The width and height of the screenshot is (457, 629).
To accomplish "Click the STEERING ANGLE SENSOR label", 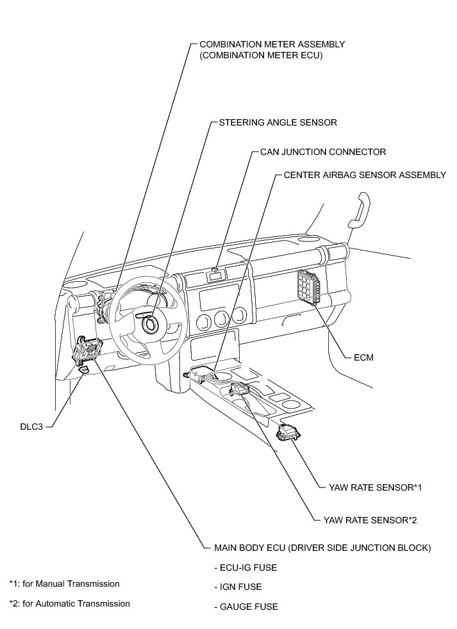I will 278,122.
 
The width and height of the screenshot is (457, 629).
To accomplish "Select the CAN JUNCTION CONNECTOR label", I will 323,152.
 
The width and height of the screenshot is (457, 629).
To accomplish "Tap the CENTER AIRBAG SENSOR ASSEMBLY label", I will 364,174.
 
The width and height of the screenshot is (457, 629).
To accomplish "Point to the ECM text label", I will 363,357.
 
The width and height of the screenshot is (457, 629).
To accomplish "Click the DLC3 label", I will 30,426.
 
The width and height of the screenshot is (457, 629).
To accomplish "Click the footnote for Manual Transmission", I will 64,584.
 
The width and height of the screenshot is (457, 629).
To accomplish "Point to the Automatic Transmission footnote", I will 69,603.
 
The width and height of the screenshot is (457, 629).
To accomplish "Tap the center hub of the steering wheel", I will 151,324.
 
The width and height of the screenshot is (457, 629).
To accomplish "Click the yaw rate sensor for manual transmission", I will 287,433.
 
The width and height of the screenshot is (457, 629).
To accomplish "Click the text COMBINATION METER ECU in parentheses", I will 260,56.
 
